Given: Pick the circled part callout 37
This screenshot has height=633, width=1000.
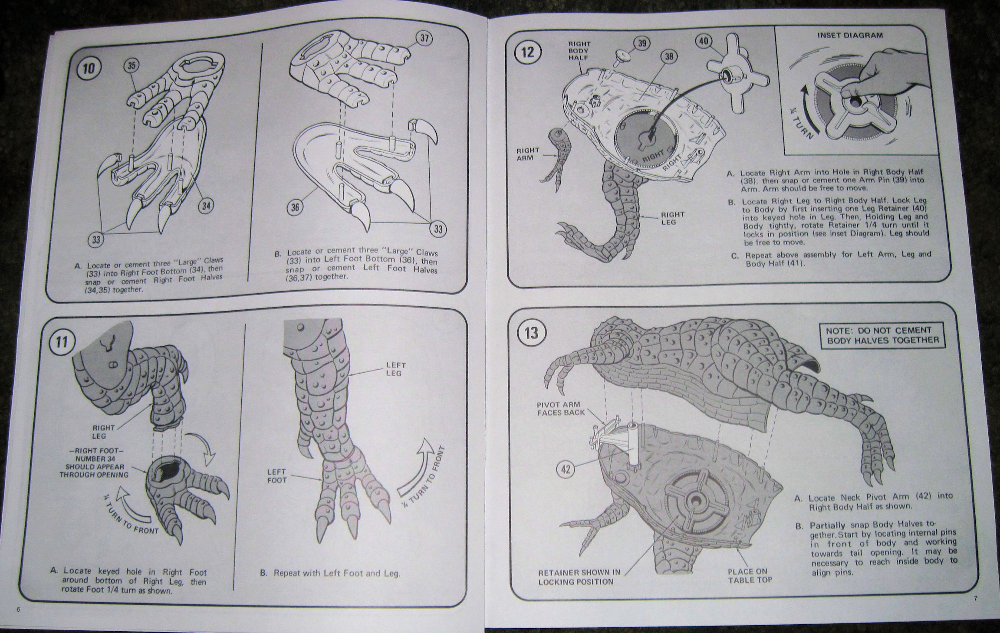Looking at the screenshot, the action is click(x=424, y=39).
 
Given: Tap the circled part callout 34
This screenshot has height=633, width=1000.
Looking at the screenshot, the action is click(x=206, y=205).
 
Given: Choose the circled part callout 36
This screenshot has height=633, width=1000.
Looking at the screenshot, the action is click(x=295, y=207).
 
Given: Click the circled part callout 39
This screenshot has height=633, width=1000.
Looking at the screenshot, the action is click(x=642, y=43).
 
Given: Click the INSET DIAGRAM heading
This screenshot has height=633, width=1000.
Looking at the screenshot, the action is click(x=850, y=36).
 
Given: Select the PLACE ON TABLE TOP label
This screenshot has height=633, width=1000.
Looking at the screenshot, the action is click(x=750, y=575).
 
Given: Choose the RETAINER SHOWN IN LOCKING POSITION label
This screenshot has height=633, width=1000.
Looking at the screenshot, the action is click(x=579, y=577).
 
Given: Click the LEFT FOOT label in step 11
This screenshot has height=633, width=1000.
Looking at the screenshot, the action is click(x=277, y=476).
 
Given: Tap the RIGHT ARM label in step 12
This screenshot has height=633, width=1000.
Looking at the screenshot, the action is click(x=528, y=154).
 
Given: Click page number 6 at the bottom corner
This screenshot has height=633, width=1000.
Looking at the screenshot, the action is click(x=18, y=609).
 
